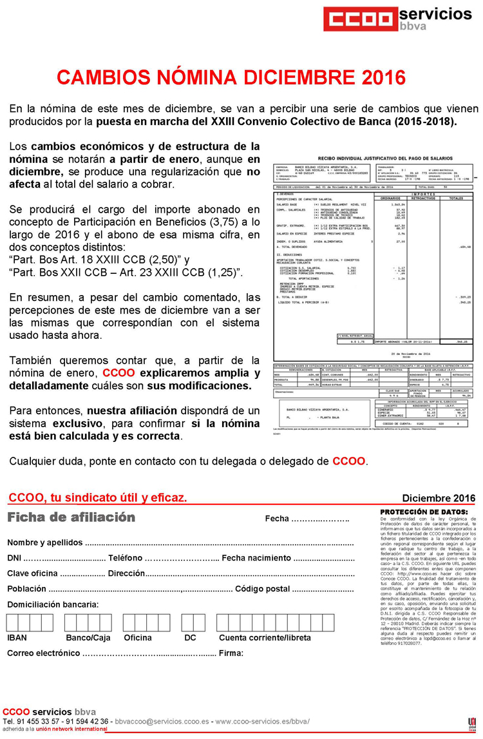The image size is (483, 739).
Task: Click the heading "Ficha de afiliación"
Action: [71, 517]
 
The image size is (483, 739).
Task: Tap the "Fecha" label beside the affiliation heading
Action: [277, 519]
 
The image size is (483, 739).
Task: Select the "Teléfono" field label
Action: [126, 557]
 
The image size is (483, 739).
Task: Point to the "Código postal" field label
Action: [262, 588]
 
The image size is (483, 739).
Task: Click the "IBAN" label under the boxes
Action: [17, 638]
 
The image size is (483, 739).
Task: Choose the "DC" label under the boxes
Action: [190, 638]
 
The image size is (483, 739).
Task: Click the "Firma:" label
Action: [231, 653]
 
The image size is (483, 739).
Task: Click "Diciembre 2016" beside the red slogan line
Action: [439, 498]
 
